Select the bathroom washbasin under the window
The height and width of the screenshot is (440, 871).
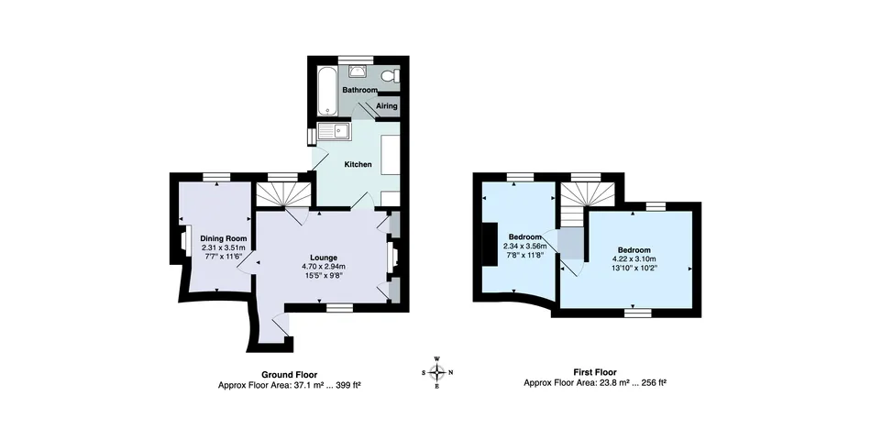pyautogui.click(x=358, y=70)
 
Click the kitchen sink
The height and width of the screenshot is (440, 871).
pyautogui.click(x=335, y=132)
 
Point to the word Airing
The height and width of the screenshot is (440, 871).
pyautogui.click(x=387, y=106)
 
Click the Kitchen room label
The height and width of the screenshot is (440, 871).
pyautogui.click(x=358, y=165)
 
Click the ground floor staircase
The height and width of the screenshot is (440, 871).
pyautogui.click(x=281, y=193)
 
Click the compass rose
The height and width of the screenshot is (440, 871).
pyautogui.click(x=437, y=371)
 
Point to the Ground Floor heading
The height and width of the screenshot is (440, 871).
pyautogui.click(x=290, y=374)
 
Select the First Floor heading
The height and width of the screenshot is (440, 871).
pyautogui.click(x=594, y=373)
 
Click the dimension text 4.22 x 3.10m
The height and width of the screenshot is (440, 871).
pyautogui.click(x=634, y=259)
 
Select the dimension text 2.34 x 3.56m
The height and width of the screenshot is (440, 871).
pyautogui.click(x=524, y=246)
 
